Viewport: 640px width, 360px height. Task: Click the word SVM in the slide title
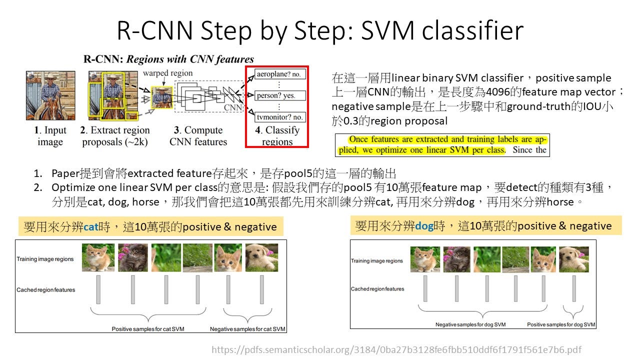tap(387, 30)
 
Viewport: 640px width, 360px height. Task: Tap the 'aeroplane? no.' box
tap(279, 74)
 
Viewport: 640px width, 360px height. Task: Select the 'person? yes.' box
tap(279, 95)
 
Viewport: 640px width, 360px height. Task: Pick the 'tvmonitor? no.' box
tap(279, 117)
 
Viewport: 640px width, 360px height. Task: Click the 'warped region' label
tap(167, 73)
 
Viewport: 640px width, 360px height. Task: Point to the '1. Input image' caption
tap(50, 136)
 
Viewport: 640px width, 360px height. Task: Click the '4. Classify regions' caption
tap(277, 136)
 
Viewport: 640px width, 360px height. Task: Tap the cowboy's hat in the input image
tap(50, 76)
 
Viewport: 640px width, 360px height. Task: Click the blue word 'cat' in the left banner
tap(91, 227)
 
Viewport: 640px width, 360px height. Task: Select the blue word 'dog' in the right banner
tap(424, 226)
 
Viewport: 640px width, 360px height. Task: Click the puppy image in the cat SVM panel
tap(261, 257)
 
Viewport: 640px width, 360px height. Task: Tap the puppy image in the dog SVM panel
tap(573, 259)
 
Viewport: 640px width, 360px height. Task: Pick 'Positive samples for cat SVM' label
tap(148, 329)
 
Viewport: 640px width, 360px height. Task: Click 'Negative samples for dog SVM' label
tap(470, 324)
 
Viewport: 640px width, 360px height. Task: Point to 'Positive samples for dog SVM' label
tap(561, 324)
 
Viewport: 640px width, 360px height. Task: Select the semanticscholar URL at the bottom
tap(396, 349)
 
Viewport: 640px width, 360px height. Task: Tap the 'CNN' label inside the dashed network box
tap(233, 107)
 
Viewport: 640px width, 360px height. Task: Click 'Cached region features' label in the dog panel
tap(377, 289)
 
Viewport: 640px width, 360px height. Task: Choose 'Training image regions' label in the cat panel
tap(45, 259)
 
